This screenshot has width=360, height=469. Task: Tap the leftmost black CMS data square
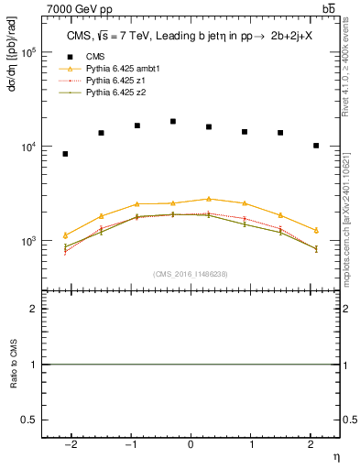pos(65,154)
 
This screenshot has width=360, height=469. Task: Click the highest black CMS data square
pos(173,121)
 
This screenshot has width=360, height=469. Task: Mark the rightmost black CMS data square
pos(316,146)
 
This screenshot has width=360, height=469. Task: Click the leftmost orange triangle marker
pos(65,235)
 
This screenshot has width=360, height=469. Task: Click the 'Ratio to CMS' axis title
pos(13,365)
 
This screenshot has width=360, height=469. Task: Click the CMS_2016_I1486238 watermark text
pos(191,274)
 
